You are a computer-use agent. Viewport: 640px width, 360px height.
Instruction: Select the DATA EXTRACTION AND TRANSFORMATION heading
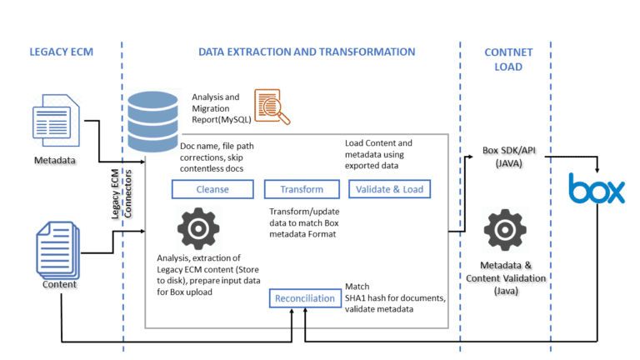(307, 52)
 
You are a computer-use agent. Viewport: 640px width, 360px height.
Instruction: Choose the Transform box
(291, 189)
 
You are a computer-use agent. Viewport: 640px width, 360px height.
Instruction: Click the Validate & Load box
(389, 189)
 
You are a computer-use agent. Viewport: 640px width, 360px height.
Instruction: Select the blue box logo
(596, 189)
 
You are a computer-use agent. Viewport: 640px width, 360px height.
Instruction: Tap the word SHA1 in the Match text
(358, 298)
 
